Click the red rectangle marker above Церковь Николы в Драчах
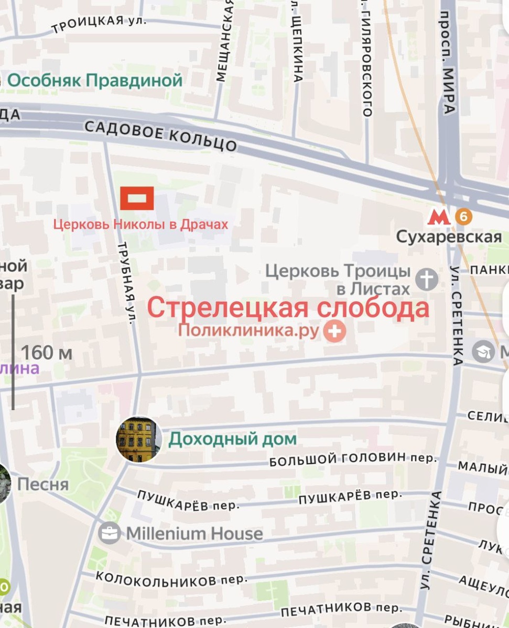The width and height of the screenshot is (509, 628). point(137,198)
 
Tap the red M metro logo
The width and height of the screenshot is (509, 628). point(439,217)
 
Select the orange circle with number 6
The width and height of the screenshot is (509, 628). point(463,216)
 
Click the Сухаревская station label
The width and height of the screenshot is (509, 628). point(449,237)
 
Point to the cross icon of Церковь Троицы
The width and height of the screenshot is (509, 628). point(427,279)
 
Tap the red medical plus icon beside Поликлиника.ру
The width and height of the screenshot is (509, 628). point(334,331)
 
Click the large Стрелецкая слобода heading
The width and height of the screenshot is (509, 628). point(288,308)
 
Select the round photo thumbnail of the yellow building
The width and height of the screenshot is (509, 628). point(138,439)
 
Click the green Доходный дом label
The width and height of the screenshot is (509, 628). point(232,439)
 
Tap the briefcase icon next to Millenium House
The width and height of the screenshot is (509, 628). point(109,533)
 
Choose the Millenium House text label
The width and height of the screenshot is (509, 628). point(194,533)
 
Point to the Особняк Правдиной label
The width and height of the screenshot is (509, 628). point(95,81)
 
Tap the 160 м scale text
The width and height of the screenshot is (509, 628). point(47,353)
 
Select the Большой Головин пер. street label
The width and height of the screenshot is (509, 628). point(353,459)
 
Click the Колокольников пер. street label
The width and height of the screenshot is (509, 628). point(171,578)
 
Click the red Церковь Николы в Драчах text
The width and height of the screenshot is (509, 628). point(140,225)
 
